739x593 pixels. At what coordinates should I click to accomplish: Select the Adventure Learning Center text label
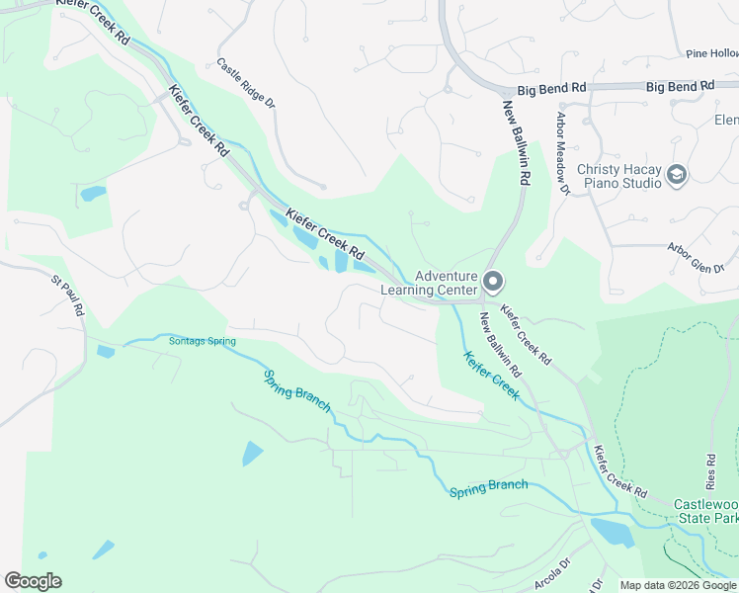(x=446, y=284)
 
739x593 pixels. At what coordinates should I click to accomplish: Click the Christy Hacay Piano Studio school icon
(x=677, y=175)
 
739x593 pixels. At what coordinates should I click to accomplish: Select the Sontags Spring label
(x=202, y=341)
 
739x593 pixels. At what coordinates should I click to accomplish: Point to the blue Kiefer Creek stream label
(x=491, y=375)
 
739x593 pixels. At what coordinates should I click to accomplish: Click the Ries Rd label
(x=710, y=471)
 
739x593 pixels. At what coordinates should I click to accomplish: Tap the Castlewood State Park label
(x=705, y=511)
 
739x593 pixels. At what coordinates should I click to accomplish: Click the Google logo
(x=33, y=581)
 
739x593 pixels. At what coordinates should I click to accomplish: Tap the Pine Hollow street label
(x=711, y=53)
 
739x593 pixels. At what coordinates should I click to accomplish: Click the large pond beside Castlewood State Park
(x=613, y=533)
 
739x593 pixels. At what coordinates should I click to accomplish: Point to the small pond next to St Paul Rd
(x=106, y=351)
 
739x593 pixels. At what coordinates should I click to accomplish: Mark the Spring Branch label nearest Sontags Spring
(x=297, y=392)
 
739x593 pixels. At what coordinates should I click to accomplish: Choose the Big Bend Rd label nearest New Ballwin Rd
(x=549, y=88)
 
